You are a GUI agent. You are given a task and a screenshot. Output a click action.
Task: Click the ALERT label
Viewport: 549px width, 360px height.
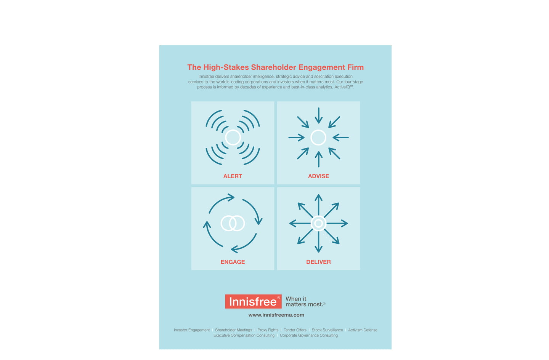pyautogui.click(x=233, y=176)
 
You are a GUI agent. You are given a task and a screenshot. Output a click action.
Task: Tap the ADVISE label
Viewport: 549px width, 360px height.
pyautogui.click(x=318, y=176)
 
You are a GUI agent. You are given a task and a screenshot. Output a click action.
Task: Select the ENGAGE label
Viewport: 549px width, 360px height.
pyautogui.click(x=233, y=262)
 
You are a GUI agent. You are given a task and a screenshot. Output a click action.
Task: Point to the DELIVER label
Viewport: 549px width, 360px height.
pyautogui.click(x=318, y=262)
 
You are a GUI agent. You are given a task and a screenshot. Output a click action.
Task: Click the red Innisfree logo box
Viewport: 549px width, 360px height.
pyautogui.click(x=253, y=301)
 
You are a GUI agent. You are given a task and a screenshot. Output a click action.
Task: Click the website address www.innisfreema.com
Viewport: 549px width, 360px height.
pyautogui.click(x=276, y=315)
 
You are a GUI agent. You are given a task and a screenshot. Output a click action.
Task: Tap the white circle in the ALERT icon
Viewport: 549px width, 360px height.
pyautogui.click(x=233, y=138)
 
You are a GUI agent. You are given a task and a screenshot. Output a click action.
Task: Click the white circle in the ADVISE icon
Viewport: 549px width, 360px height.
pyautogui.click(x=318, y=138)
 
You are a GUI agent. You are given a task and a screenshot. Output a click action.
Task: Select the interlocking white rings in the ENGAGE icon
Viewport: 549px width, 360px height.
pyautogui.click(x=233, y=223)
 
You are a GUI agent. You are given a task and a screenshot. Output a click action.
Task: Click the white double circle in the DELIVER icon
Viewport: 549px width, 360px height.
pyautogui.click(x=318, y=223)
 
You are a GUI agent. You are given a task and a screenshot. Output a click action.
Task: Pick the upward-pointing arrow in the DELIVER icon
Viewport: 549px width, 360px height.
pyautogui.click(x=318, y=205)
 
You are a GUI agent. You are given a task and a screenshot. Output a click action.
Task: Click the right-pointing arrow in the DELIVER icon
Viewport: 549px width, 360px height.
pyautogui.click(x=337, y=223)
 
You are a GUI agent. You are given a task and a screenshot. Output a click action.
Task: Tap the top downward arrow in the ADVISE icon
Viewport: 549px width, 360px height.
pyautogui.click(x=319, y=115)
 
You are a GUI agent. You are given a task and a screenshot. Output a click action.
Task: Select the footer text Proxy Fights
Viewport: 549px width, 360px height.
pyautogui.click(x=268, y=330)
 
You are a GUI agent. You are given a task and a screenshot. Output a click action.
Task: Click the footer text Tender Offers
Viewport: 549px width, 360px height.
pyautogui.click(x=295, y=330)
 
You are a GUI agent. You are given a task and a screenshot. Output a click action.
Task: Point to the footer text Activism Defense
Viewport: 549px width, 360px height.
pyautogui.click(x=363, y=330)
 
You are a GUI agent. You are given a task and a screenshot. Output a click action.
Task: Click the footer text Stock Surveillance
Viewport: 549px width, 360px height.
pyautogui.click(x=327, y=330)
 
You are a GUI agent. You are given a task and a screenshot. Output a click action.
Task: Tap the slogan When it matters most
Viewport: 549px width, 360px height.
pyautogui.click(x=305, y=302)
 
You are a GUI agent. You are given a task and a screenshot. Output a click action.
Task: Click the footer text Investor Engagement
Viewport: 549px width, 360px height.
pyautogui.click(x=192, y=330)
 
